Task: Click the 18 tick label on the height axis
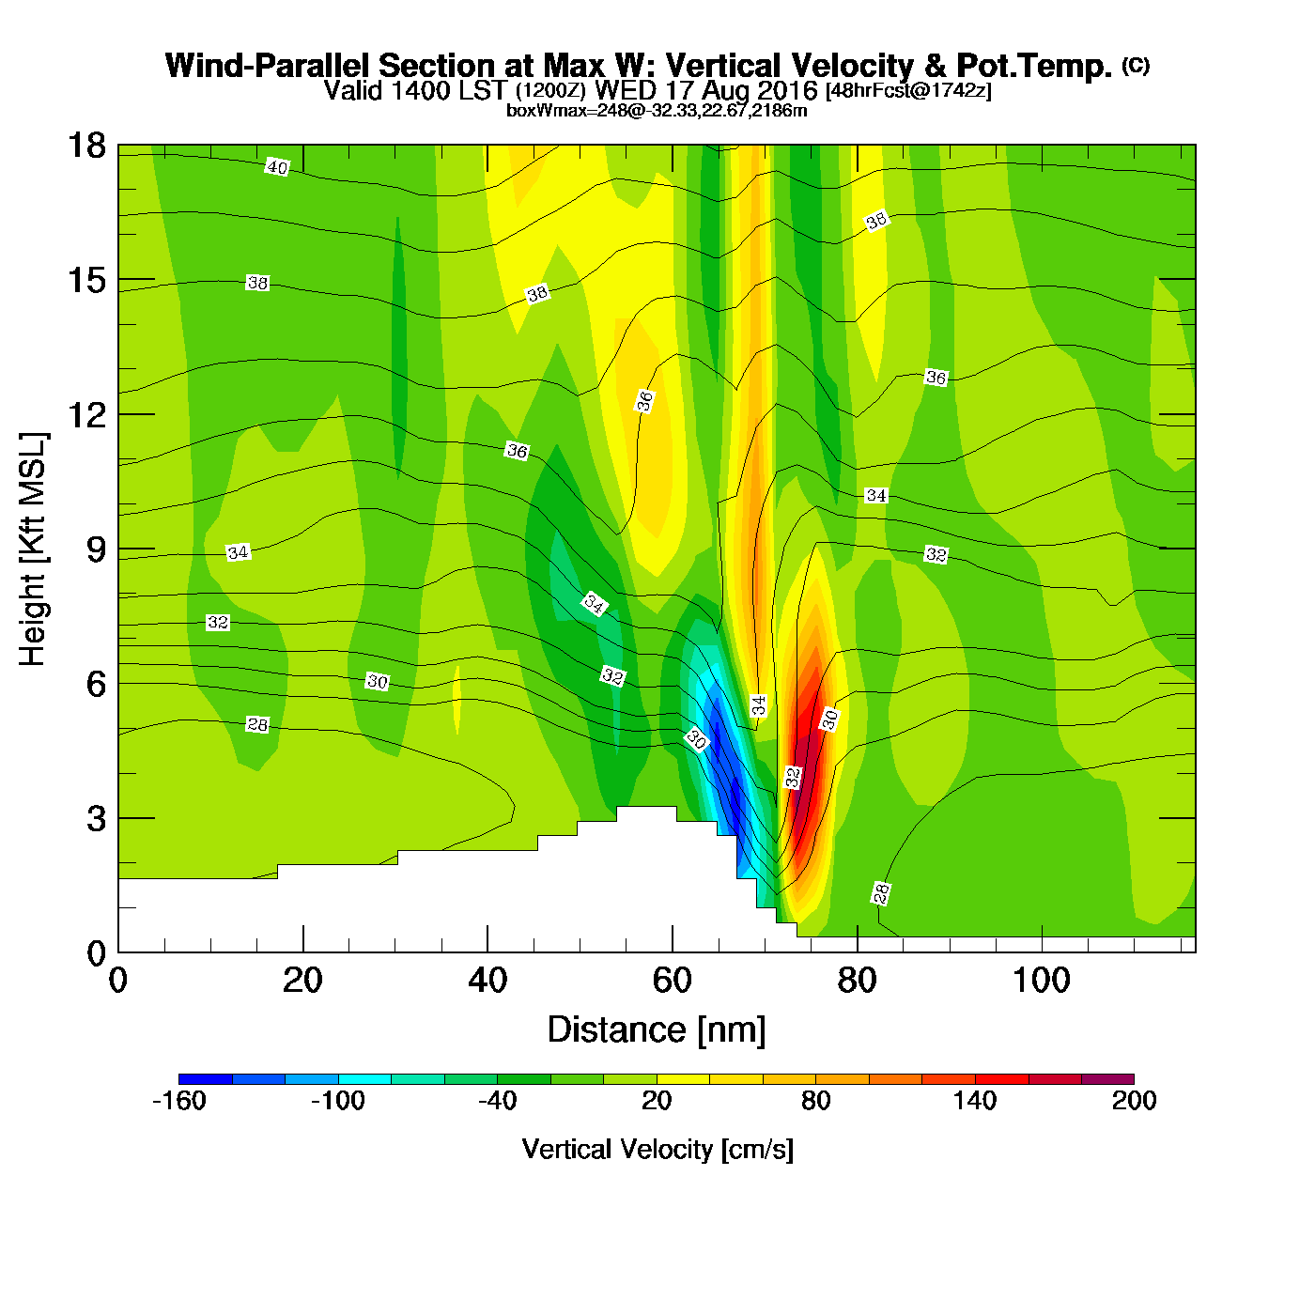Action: click(x=85, y=146)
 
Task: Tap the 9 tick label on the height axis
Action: click(x=96, y=549)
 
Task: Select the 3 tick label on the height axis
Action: click(x=96, y=818)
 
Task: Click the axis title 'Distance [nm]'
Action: click(x=657, y=1030)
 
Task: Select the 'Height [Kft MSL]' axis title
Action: click(x=33, y=549)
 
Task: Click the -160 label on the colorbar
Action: click(x=178, y=1101)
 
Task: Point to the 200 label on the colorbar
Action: click(x=1134, y=1101)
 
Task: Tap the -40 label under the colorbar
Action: click(x=497, y=1101)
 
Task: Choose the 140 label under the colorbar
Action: click(x=975, y=1101)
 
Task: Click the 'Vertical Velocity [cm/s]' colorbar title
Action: click(x=657, y=1150)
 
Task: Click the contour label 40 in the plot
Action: click(x=277, y=167)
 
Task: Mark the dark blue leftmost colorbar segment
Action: click(x=205, y=1079)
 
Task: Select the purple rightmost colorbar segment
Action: click(x=1107, y=1079)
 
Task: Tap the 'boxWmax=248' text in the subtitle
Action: click(x=559, y=111)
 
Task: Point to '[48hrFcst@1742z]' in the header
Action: click(x=908, y=91)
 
